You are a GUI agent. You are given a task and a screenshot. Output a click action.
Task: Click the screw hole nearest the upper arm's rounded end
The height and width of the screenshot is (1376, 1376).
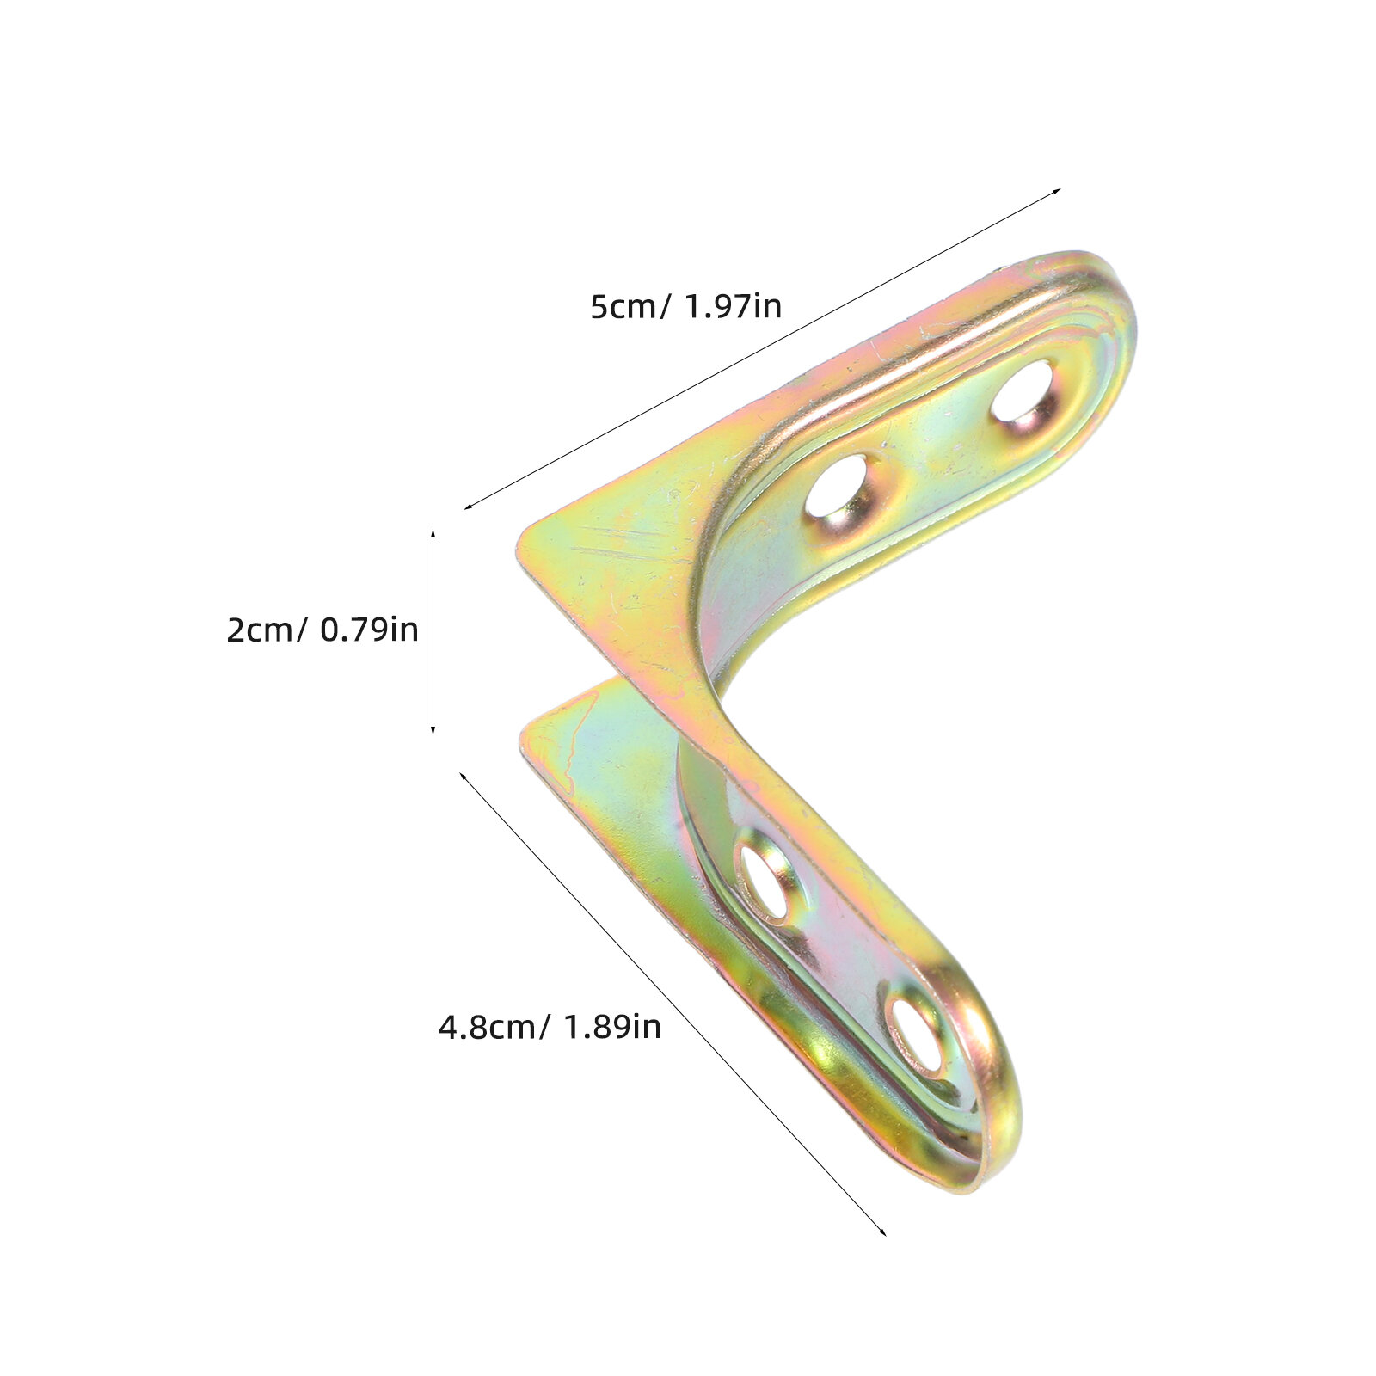[x=1023, y=391]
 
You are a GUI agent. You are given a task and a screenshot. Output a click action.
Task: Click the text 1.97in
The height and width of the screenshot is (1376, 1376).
[x=732, y=306]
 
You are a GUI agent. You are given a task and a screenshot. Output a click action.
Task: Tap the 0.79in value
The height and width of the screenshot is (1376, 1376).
[x=369, y=630]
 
